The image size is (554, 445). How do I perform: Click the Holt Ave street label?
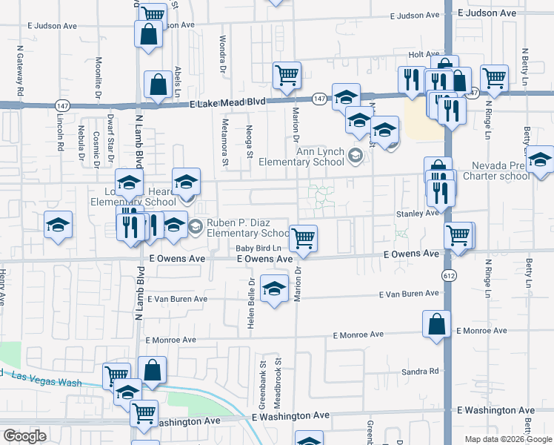coord(424,55)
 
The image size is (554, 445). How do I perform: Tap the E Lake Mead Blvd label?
coord(227,105)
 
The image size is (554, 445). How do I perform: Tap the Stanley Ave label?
coord(418,214)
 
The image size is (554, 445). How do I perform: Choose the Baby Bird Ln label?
coord(259,248)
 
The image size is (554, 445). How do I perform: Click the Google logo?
coord(24,436)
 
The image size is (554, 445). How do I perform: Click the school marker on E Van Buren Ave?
coord(274,290)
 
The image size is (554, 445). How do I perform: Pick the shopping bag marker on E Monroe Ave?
coord(437,324)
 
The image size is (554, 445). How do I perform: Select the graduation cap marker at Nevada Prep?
coord(541,161)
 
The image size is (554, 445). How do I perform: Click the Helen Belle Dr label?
coord(251,303)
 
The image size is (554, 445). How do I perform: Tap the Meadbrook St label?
coord(278,382)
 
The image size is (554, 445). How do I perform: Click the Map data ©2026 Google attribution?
coord(508,439)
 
